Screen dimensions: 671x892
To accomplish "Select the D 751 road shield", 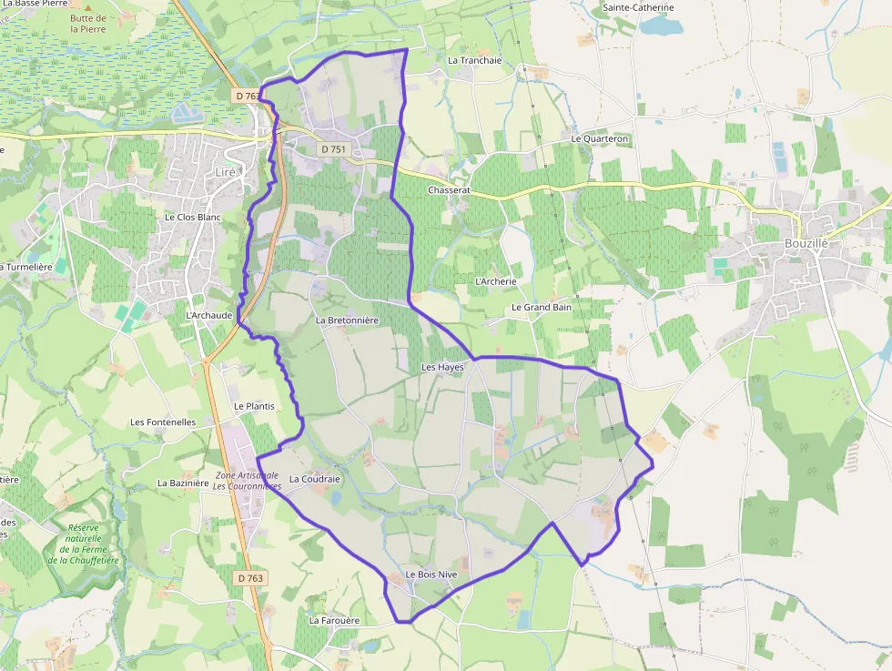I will [333, 149].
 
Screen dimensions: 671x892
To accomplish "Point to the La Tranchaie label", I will [474, 60].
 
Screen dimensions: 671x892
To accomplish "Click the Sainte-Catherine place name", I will [638, 8].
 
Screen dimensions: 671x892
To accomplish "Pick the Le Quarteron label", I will [600, 139].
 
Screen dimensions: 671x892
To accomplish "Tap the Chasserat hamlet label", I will [449, 190].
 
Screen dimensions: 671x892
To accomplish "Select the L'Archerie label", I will [496, 281].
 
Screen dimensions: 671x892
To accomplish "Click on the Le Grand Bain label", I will [541, 307].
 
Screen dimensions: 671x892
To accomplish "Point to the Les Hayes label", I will [442, 367].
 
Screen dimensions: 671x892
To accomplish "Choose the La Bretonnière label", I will [347, 320].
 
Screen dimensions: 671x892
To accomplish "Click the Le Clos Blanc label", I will [193, 218].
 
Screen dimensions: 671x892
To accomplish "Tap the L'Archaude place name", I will [209, 315].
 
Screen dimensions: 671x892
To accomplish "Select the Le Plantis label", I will [254, 406].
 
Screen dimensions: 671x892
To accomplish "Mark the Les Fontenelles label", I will [163, 422].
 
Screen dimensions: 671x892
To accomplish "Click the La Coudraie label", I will [314, 478].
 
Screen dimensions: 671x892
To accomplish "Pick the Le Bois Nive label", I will [431, 574].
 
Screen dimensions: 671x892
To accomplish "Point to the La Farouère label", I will [334, 620].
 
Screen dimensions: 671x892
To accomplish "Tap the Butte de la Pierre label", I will [88, 24].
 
